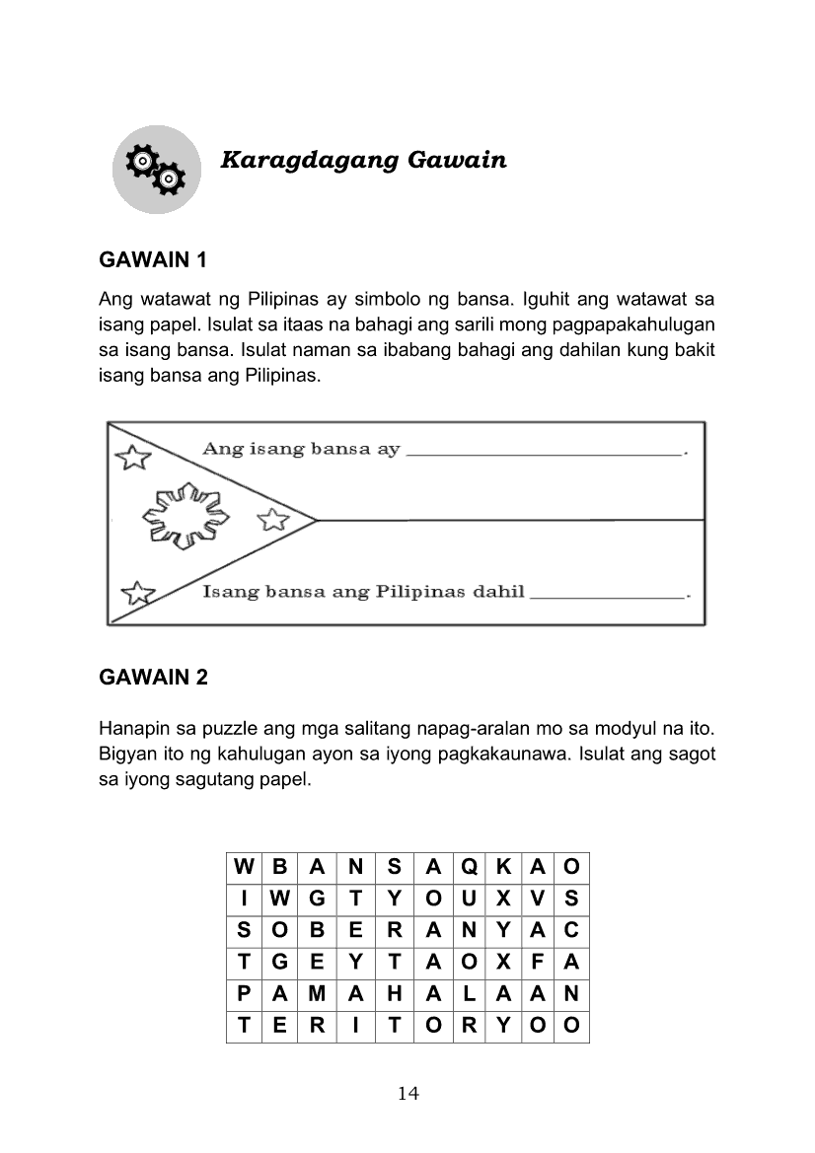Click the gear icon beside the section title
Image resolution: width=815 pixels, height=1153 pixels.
pyautogui.click(x=156, y=170)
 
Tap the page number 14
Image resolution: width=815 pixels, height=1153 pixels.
pyautogui.click(x=407, y=1093)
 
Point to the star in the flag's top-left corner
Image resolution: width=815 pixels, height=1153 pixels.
pyautogui.click(x=133, y=457)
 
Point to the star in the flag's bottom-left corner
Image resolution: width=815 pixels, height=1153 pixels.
pyautogui.click(x=137, y=593)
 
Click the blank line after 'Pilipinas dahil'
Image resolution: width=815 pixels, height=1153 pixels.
pyautogui.click(x=607, y=597)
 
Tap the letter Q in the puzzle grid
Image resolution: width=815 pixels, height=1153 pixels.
pyautogui.click(x=469, y=867)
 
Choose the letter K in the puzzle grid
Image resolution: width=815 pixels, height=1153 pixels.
pyautogui.click(x=504, y=867)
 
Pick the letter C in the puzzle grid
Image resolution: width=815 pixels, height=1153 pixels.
pyautogui.click(x=571, y=930)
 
